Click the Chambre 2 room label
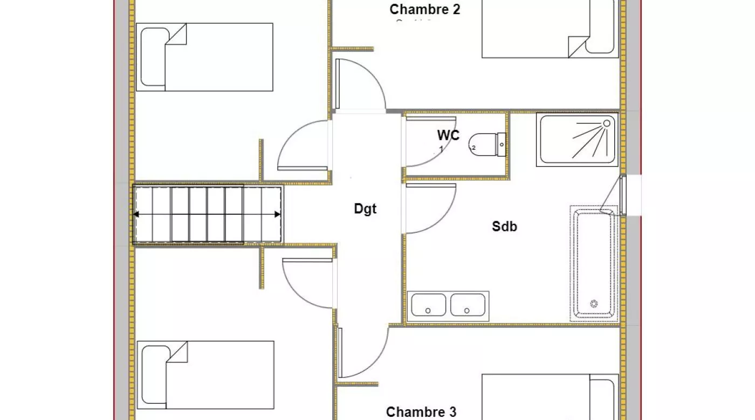(x=425, y=9)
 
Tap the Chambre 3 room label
(x=421, y=412)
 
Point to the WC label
(x=448, y=135)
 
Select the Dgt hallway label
(x=365, y=209)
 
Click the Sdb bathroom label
(x=504, y=227)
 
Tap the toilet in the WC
(x=484, y=144)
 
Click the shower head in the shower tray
(x=607, y=123)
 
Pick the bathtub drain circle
(x=594, y=304)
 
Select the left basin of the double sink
(x=428, y=305)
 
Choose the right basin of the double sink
(x=468, y=305)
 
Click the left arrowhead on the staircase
(x=136, y=214)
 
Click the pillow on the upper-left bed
(x=153, y=58)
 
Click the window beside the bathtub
(x=623, y=195)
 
